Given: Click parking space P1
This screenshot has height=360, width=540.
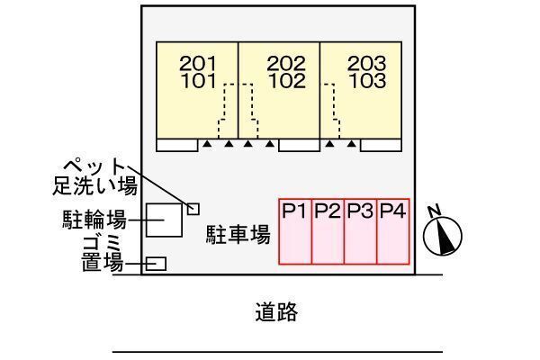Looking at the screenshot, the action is click(x=295, y=231).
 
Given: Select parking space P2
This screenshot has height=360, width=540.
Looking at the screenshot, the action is click(x=328, y=231).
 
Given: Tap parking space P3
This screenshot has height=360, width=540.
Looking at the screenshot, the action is click(x=361, y=231).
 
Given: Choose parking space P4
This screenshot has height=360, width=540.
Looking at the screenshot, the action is click(x=393, y=231).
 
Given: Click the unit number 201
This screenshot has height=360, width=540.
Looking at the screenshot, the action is click(x=198, y=63).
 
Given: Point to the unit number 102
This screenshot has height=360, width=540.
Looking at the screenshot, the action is click(x=287, y=81).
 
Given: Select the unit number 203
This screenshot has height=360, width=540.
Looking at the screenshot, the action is click(x=367, y=63).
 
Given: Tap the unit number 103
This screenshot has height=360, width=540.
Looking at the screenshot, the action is click(x=367, y=81).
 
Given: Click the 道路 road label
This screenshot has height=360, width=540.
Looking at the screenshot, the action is click(x=276, y=311).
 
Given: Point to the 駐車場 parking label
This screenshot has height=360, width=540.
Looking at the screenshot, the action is click(x=238, y=235).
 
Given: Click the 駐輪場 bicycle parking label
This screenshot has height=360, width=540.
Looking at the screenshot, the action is click(x=94, y=220).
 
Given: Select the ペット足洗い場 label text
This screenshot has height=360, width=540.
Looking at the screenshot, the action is click(x=94, y=176).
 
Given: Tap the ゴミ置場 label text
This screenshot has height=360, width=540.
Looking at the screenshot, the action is click(x=103, y=254).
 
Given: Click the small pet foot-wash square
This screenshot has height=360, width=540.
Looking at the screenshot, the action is click(x=193, y=209).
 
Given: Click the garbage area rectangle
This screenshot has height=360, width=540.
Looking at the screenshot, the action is click(x=156, y=264).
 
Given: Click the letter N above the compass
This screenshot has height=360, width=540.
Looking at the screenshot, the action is click(x=435, y=211).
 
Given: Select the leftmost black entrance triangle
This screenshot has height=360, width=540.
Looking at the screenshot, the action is click(x=207, y=144).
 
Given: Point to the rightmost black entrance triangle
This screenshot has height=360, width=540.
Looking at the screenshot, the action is click(x=352, y=144).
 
